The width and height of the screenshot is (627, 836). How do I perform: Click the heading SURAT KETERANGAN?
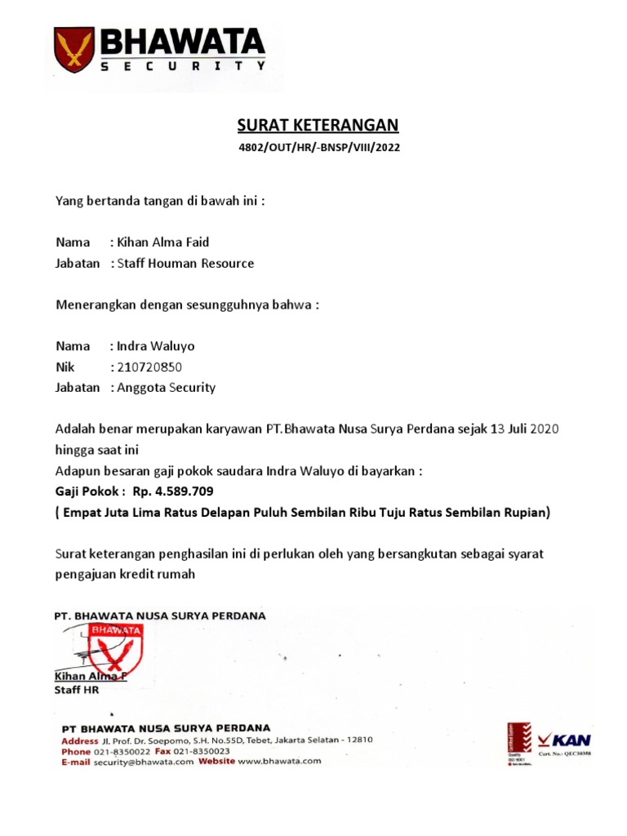pos(318,125)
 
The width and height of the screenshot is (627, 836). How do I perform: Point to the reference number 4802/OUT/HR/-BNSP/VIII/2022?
pos(318,149)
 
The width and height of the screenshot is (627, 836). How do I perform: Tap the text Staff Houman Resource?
pos(186,264)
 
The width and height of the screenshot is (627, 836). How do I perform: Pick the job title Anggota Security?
pos(167,388)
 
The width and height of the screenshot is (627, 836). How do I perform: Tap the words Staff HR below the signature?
pos(77,690)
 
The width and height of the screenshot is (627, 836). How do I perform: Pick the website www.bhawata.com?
pos(280,762)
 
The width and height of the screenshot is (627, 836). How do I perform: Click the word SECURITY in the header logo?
pos(183,69)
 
